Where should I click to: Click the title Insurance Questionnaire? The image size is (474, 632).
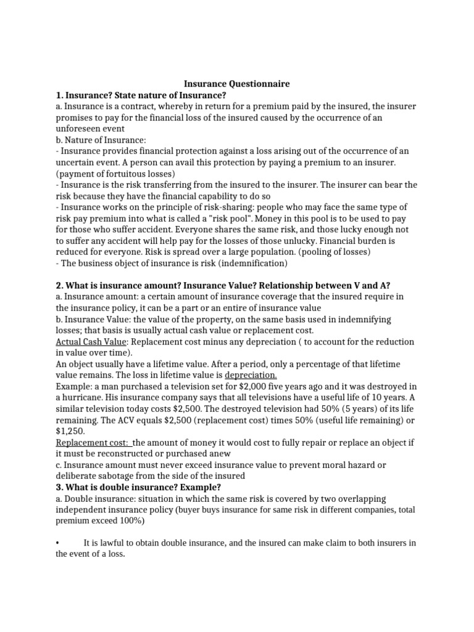coord(238,84)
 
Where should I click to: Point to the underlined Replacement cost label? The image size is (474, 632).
coord(93,442)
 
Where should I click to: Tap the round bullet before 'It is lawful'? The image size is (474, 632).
coord(57,543)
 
